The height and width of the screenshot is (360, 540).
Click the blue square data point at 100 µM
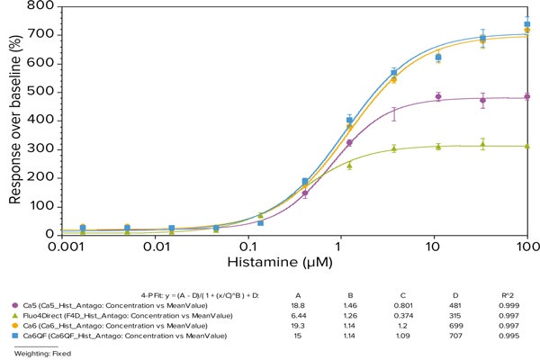(x=527, y=24)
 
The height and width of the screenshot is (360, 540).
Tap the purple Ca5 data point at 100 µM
(x=527, y=96)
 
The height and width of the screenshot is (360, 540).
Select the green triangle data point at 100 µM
(x=527, y=146)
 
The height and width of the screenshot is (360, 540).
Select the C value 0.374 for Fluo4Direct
(x=408, y=315)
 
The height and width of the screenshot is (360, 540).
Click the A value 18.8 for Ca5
(x=302, y=304)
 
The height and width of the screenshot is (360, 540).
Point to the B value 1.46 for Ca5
(x=354, y=304)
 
